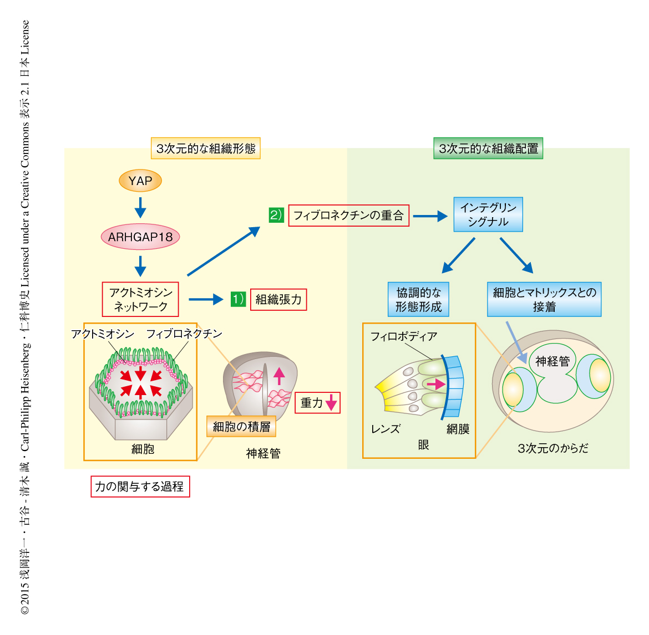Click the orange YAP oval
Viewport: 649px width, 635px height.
click(140, 181)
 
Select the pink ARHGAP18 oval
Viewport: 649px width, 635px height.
click(140, 237)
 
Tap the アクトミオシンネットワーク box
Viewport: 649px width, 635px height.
click(141, 299)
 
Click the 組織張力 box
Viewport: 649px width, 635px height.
click(278, 300)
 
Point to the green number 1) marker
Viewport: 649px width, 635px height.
click(238, 299)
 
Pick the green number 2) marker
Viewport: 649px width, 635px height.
click(276, 215)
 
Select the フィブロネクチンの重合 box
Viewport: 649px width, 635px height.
click(348, 216)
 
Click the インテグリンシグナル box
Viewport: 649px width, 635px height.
click(488, 214)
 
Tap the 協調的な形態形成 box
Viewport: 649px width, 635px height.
click(418, 299)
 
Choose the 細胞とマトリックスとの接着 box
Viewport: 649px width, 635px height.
click(544, 299)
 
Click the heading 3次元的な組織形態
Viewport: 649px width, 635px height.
click(206, 148)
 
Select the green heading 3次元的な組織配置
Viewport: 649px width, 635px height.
click(488, 148)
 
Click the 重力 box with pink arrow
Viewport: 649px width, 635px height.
click(317, 403)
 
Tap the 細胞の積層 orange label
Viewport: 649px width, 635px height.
click(241, 426)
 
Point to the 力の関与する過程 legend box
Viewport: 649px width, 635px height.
click(140, 487)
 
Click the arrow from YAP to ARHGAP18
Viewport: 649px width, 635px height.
click(140, 207)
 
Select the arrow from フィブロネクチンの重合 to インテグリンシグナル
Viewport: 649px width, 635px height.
click(430, 216)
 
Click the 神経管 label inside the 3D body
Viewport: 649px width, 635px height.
click(552, 361)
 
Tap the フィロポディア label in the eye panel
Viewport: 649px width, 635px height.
click(404, 336)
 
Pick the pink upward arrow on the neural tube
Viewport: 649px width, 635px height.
click(279, 376)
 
